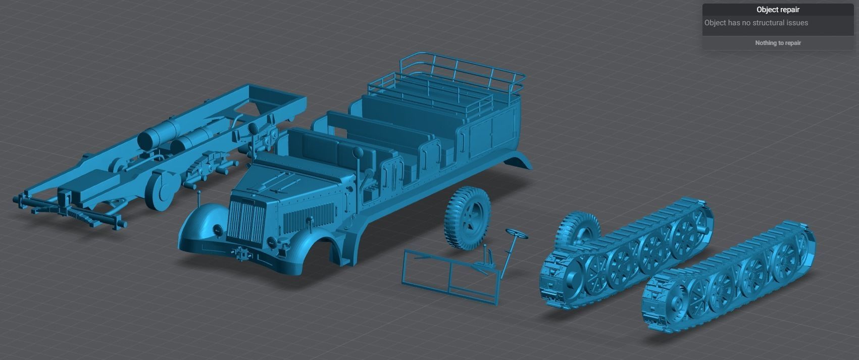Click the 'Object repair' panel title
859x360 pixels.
(777, 10)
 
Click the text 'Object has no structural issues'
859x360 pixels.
(756, 23)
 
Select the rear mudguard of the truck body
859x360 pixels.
(518, 159)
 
